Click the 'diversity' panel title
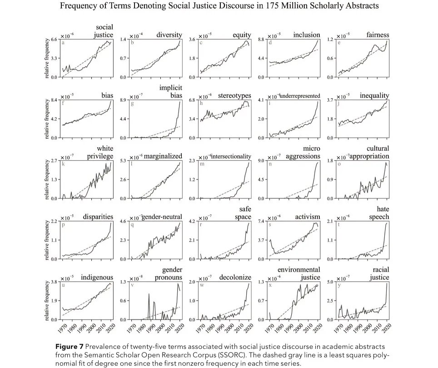tap(169, 35)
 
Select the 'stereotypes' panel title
tap(234, 95)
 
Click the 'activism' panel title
tap(308, 217)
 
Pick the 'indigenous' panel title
tap(97, 277)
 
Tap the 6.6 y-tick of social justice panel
tap(53, 40)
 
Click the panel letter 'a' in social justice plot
tap(63, 43)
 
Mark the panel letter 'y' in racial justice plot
tap(339, 285)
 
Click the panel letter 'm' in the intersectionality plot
tap(201, 164)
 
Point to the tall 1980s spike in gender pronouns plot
tap(149, 295)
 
